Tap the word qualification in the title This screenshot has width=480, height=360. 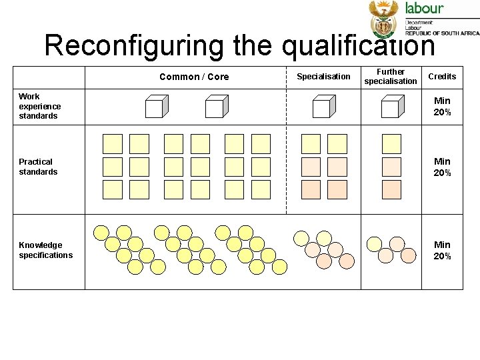pos(358,45)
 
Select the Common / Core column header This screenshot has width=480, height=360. pos(194,77)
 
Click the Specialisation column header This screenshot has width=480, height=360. pos(323,77)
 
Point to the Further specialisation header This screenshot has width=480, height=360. pos(391,77)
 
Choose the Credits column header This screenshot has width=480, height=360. pos(442,77)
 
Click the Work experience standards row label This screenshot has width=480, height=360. pos(39,106)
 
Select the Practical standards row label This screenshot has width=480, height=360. pos(38,167)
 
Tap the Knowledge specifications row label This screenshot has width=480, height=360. pos(45,250)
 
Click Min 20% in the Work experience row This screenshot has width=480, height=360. pos(442,107)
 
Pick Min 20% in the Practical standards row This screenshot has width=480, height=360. pos(442,167)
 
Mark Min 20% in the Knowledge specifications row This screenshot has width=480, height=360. pos(442,250)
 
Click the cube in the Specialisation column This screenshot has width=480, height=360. pos(323,107)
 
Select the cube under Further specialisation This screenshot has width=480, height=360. pos(391,107)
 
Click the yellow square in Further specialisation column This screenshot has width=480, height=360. pos(391,143)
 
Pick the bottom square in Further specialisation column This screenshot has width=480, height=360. pos(391,189)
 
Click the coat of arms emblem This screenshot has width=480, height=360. pos(383,19)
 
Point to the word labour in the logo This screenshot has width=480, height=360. pos(425,8)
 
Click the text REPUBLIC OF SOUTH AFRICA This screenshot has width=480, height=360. pos(442,33)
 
